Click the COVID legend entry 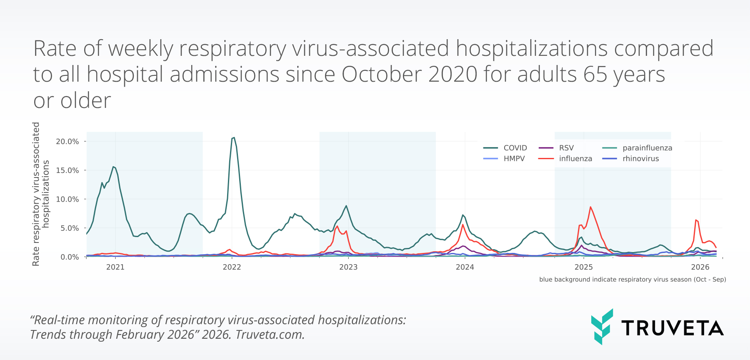(515, 148)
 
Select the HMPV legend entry (514, 159)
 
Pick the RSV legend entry (566, 148)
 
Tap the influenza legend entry (575, 159)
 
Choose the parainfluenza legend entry (647, 148)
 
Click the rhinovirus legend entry (640, 159)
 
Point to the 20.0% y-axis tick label (67, 142)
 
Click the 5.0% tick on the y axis (70, 228)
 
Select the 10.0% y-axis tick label (67, 199)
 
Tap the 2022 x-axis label (232, 267)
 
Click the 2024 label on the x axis (465, 267)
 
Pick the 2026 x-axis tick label (700, 267)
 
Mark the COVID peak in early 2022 (234, 137)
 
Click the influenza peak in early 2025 (590, 207)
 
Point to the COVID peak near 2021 (113, 167)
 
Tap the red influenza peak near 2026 (696, 220)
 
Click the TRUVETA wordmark (672, 328)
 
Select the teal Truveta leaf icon (602, 327)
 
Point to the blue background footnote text (632, 280)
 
